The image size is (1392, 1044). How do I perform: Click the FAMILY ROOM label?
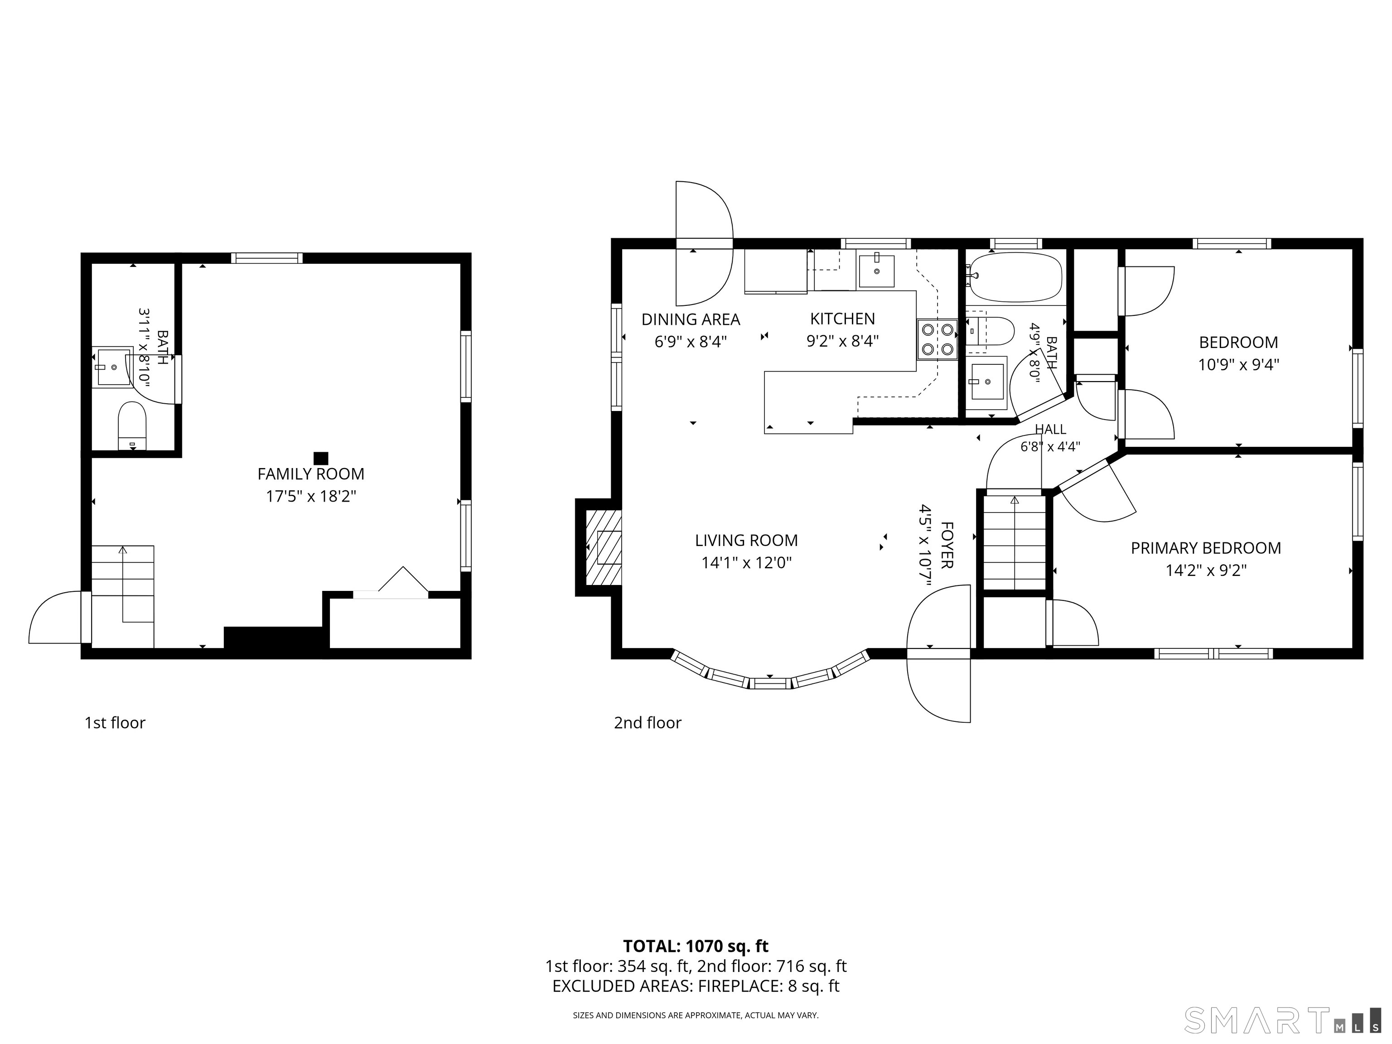click(311, 474)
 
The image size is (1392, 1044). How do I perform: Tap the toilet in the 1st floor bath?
click(132, 426)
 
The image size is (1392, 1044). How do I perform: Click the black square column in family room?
click(321, 458)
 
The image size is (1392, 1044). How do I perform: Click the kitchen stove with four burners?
click(937, 339)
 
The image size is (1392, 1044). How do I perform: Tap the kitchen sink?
click(877, 271)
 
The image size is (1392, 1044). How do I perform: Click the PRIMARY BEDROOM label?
click(1206, 548)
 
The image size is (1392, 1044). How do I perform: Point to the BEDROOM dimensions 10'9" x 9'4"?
click(1238, 365)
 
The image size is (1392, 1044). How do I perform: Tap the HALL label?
click(1050, 429)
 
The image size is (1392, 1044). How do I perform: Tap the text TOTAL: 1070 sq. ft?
click(696, 946)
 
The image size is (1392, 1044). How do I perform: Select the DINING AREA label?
click(691, 320)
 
